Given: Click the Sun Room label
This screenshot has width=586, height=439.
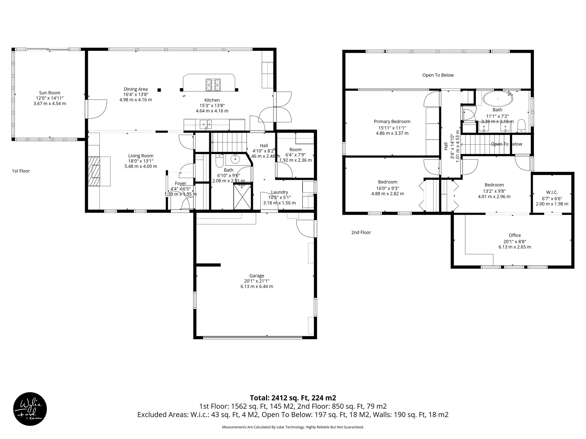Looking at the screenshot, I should (50, 93).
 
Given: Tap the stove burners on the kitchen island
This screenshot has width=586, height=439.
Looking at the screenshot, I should (213, 85).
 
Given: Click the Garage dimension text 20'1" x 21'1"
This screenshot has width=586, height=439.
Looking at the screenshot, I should (257, 281).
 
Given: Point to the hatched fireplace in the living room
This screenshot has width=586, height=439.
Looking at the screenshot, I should (94, 171).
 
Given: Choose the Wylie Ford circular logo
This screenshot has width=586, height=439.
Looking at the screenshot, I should (30, 409).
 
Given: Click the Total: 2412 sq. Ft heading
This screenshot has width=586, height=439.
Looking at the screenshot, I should (293, 398).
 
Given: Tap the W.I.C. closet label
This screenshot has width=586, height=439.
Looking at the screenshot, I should (552, 193).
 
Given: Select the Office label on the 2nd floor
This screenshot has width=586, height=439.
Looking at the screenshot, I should (514, 235).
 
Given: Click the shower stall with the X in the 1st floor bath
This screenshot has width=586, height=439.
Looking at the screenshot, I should (242, 197).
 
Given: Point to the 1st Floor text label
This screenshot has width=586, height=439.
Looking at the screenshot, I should (21, 171).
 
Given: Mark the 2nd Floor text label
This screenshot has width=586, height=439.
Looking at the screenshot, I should (361, 232).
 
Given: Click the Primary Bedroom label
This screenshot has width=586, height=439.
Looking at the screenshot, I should (392, 121).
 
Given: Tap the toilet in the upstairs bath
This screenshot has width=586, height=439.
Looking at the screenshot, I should (521, 126).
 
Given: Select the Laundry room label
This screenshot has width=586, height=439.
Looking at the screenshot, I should (279, 192).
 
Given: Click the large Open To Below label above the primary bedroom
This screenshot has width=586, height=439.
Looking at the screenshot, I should (438, 75).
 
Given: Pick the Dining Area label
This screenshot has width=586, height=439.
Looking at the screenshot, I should (136, 89).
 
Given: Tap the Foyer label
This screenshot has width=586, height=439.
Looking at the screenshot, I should (180, 183).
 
